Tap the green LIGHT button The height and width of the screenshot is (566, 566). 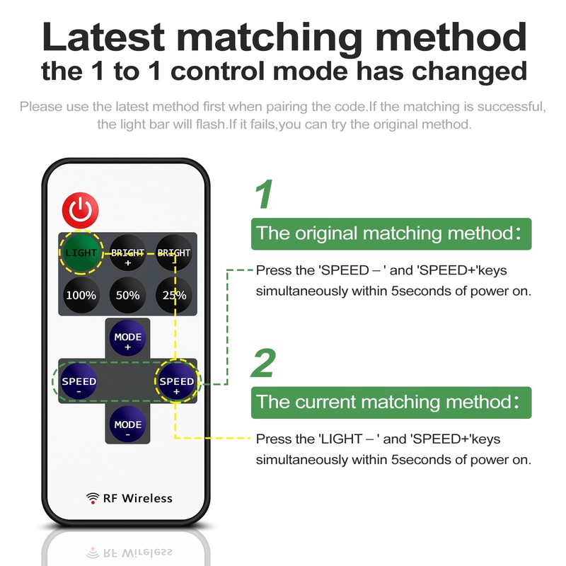(x=81, y=253)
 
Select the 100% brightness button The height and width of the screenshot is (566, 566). (x=81, y=295)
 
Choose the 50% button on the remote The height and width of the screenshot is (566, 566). (x=127, y=295)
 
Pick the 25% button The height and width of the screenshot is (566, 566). (x=173, y=295)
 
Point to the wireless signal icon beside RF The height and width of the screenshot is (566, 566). (x=93, y=498)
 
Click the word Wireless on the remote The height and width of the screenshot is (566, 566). (x=147, y=498)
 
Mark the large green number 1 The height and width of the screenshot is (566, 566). (x=264, y=195)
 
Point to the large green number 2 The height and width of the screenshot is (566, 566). (x=264, y=364)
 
